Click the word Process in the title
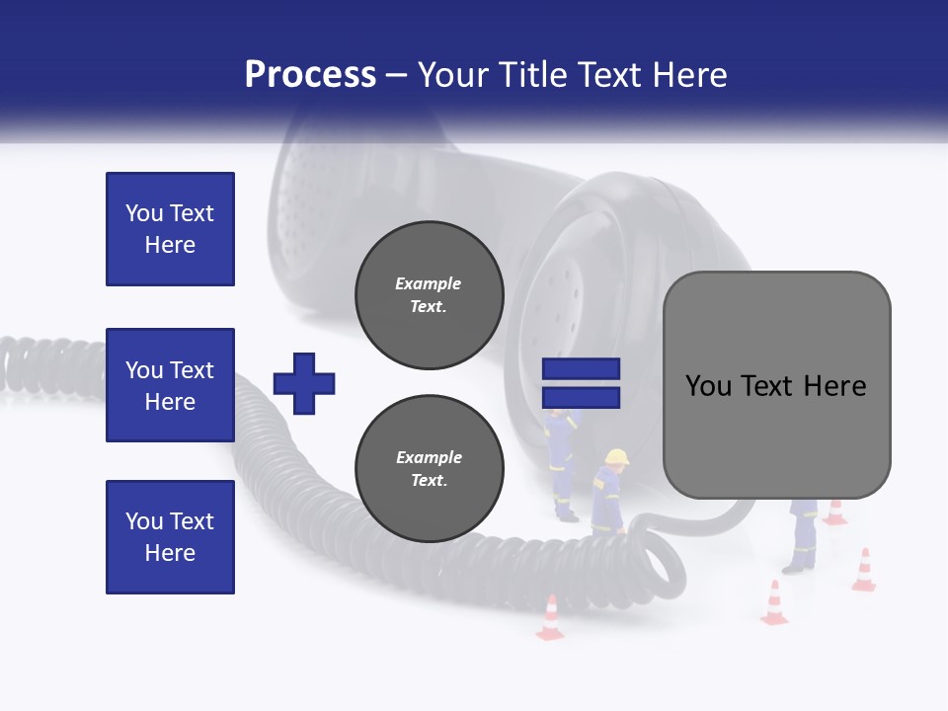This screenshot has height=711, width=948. (x=310, y=75)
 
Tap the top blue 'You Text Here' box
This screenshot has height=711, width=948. (x=170, y=229)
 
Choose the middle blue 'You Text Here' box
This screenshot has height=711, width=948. (x=170, y=385)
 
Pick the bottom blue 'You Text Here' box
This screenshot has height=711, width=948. (x=170, y=537)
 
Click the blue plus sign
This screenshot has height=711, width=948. (x=304, y=383)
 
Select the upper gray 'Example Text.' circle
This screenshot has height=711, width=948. (x=430, y=295)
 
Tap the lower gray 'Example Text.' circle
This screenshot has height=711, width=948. (x=430, y=469)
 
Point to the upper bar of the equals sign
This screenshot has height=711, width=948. (x=581, y=369)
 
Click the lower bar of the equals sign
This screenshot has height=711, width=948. (x=581, y=397)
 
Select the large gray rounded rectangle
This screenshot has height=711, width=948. (x=776, y=385)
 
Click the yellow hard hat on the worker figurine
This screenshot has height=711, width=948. (x=617, y=456)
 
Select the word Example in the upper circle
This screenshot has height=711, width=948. (x=428, y=283)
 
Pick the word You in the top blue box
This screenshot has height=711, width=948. (x=143, y=213)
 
